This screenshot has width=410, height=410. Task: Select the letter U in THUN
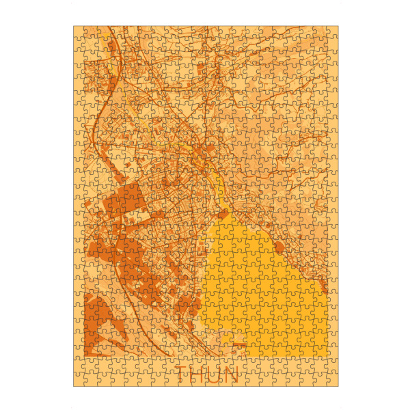click(215, 375)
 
